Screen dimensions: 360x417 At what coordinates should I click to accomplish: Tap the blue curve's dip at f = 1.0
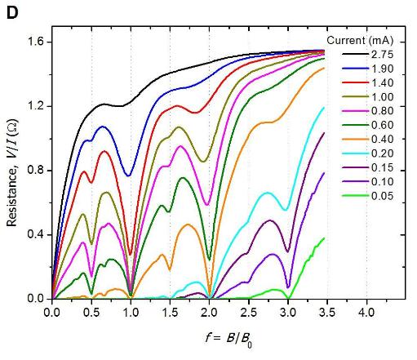(128, 175)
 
